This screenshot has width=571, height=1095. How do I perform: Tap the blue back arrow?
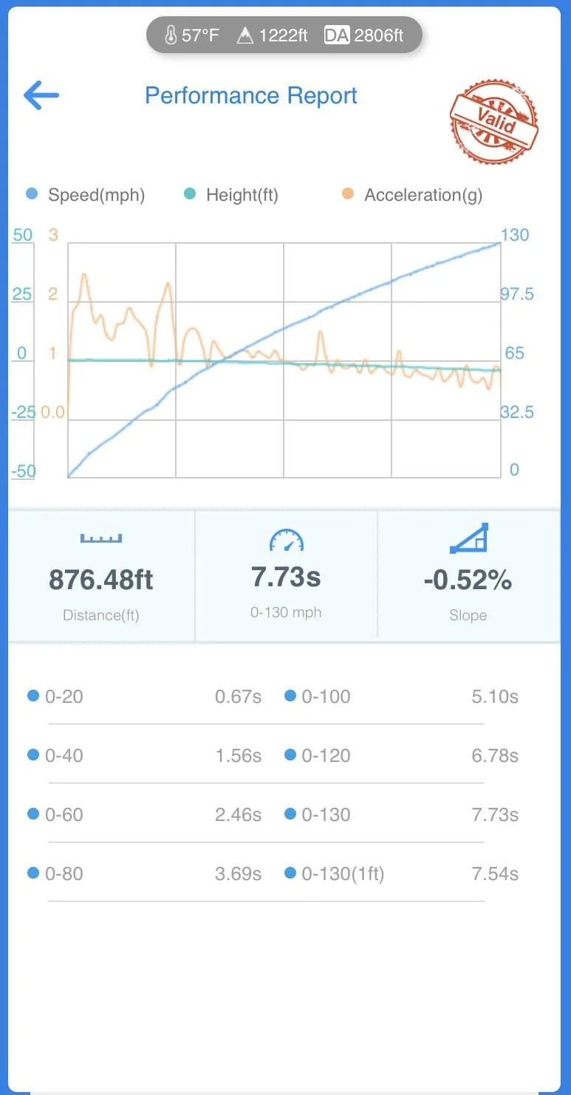click(x=41, y=95)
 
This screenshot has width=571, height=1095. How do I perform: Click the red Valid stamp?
click(x=493, y=121)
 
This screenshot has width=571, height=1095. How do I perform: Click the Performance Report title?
click(x=251, y=96)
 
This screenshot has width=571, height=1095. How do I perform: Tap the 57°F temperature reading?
click(x=192, y=35)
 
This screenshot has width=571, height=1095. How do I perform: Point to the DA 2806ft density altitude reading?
click(x=363, y=35)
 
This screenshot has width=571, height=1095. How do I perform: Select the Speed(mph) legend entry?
click(x=86, y=194)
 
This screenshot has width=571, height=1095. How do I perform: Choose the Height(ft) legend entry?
click(x=231, y=194)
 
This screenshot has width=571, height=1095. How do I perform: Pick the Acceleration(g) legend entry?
click(x=412, y=194)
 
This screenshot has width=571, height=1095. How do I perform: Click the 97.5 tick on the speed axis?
click(x=517, y=294)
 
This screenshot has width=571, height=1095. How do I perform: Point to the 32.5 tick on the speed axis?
click(x=517, y=412)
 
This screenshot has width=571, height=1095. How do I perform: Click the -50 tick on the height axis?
click(x=24, y=471)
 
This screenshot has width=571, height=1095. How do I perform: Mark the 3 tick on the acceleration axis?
click(x=53, y=235)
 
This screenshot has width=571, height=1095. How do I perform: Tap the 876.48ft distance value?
click(x=101, y=580)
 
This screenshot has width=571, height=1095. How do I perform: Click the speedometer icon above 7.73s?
click(x=287, y=540)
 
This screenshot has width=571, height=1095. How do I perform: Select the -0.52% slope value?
click(x=468, y=580)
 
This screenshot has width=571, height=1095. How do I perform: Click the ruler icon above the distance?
click(x=101, y=538)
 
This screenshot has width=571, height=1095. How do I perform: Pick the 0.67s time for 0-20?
click(x=238, y=696)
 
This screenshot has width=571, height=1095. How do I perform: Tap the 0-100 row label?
click(x=326, y=696)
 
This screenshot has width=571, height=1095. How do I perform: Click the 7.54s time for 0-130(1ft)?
click(x=495, y=873)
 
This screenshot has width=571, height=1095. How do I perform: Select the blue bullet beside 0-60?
click(x=33, y=814)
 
